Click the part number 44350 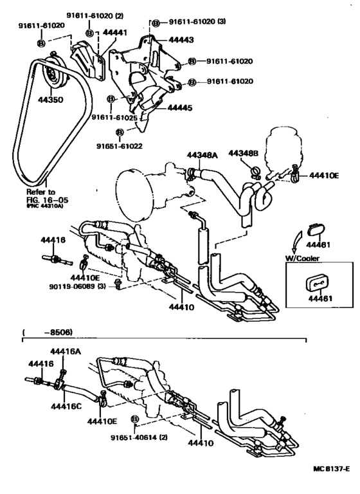(50, 100)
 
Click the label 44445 (180, 109)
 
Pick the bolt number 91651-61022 (120, 146)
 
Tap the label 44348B (264, 154)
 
